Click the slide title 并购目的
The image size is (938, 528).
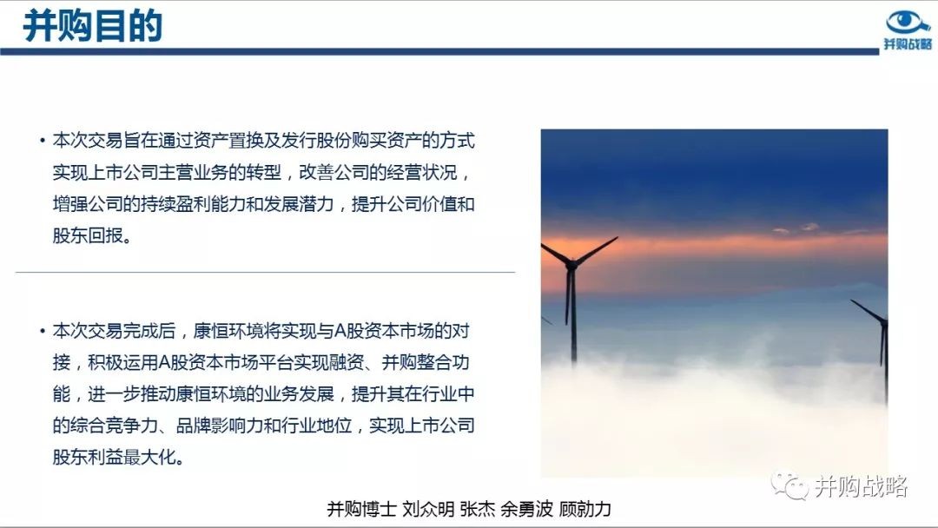93,26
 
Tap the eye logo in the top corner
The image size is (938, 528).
908,22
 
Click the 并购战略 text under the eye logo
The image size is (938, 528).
908,44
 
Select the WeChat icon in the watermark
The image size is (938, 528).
789,485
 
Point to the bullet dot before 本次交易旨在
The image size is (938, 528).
43,142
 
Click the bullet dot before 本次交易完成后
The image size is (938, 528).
43,331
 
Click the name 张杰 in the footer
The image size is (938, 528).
478,509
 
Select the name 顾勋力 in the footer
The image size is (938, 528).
585,509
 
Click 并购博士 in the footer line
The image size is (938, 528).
361,509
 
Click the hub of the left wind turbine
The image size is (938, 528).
572,262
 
